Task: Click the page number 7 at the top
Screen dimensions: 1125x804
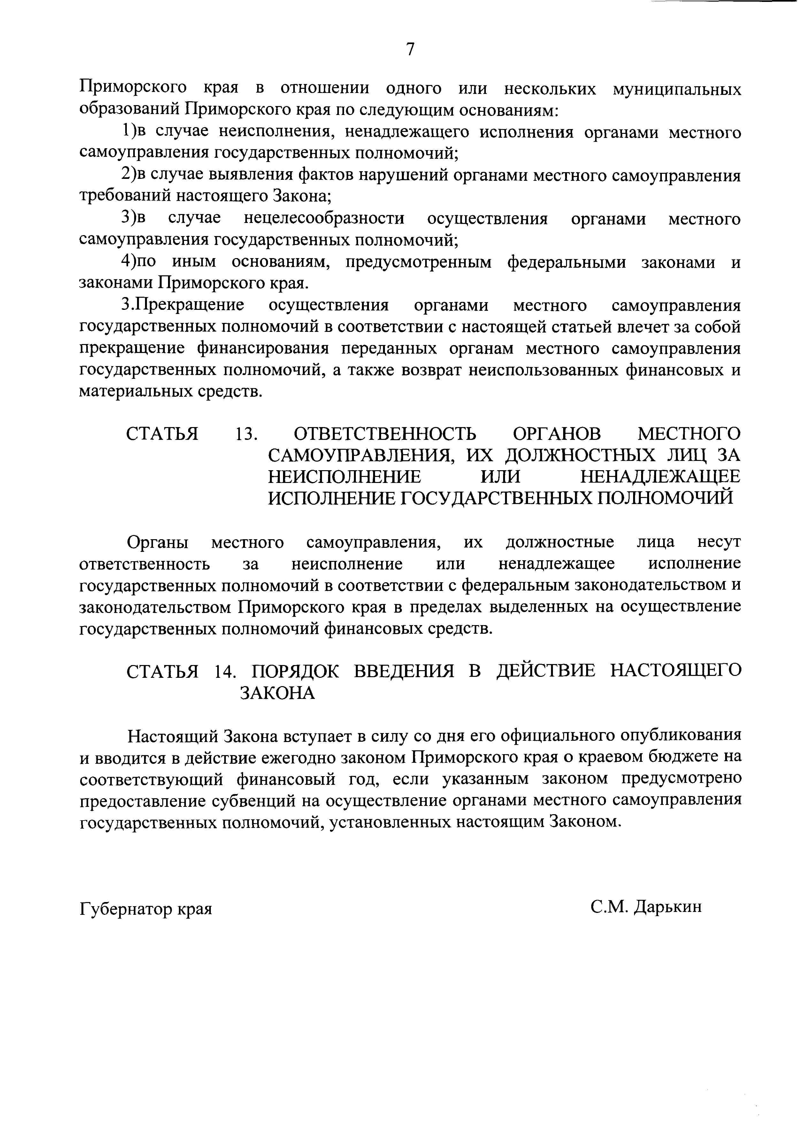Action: coord(410,50)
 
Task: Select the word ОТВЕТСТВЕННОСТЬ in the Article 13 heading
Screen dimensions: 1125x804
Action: coord(385,434)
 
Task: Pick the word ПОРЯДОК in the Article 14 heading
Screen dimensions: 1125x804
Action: coord(295,671)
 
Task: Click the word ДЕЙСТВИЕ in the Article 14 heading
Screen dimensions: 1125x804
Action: coord(547,671)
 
